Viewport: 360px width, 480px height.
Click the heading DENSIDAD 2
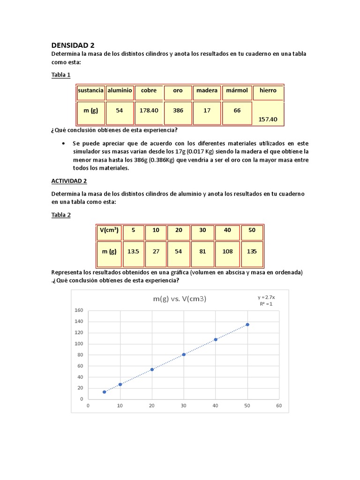pyautogui.click(x=73, y=45)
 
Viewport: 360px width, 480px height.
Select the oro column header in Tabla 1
pyautogui.click(x=178, y=90)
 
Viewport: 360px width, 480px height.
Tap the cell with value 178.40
pyautogui.click(x=149, y=111)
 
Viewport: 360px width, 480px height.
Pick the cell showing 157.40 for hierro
pyautogui.click(x=268, y=120)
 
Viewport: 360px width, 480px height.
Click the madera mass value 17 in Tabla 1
pyautogui.click(x=207, y=111)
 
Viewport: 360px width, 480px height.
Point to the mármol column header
pyautogui.click(x=237, y=90)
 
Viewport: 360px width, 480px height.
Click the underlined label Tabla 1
pyautogui.click(x=61, y=75)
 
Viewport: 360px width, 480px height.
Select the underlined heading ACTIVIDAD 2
pyautogui.click(x=69, y=181)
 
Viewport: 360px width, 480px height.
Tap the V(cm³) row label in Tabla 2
pyautogui.click(x=110, y=230)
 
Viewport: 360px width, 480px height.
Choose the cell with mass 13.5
pyautogui.click(x=134, y=251)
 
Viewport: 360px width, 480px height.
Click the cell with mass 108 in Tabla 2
pyautogui.click(x=227, y=251)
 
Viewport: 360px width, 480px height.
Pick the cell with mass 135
pyautogui.click(x=252, y=251)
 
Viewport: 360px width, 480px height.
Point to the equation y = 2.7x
pyautogui.click(x=266, y=297)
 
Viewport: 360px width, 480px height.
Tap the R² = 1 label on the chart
pyautogui.click(x=266, y=304)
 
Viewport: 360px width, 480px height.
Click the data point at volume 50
pyautogui.click(x=247, y=324)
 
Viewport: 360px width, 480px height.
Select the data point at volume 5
pyautogui.click(x=104, y=392)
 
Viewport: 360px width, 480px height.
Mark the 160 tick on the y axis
pyautogui.click(x=78, y=310)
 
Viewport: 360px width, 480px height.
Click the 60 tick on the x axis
pyautogui.click(x=279, y=406)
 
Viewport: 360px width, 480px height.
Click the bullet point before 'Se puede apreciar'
pyautogui.click(x=64, y=143)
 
